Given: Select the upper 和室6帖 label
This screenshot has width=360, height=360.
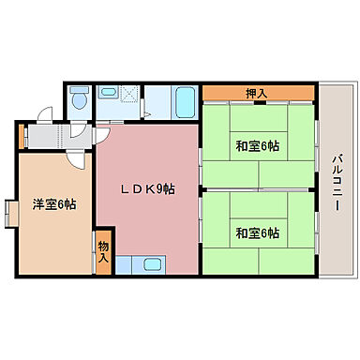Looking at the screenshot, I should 257,145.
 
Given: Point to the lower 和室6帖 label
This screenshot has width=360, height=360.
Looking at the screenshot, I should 257,232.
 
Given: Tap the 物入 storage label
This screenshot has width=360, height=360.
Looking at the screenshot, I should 103,251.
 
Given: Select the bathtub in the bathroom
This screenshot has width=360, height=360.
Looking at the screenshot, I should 185,98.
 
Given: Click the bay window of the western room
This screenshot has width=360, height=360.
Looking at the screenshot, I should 9,213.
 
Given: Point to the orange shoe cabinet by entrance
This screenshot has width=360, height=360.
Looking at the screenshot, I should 20,137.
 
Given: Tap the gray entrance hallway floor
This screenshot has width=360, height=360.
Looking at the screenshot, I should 56,137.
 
